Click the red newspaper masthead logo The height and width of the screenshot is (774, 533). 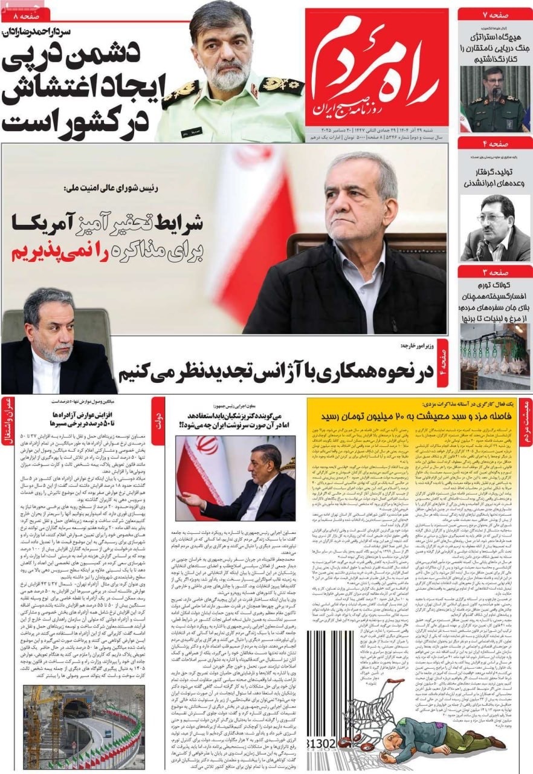(x=376, y=67)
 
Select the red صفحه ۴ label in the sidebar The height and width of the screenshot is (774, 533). (x=494, y=143)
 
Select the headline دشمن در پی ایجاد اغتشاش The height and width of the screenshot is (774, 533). (x=79, y=91)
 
